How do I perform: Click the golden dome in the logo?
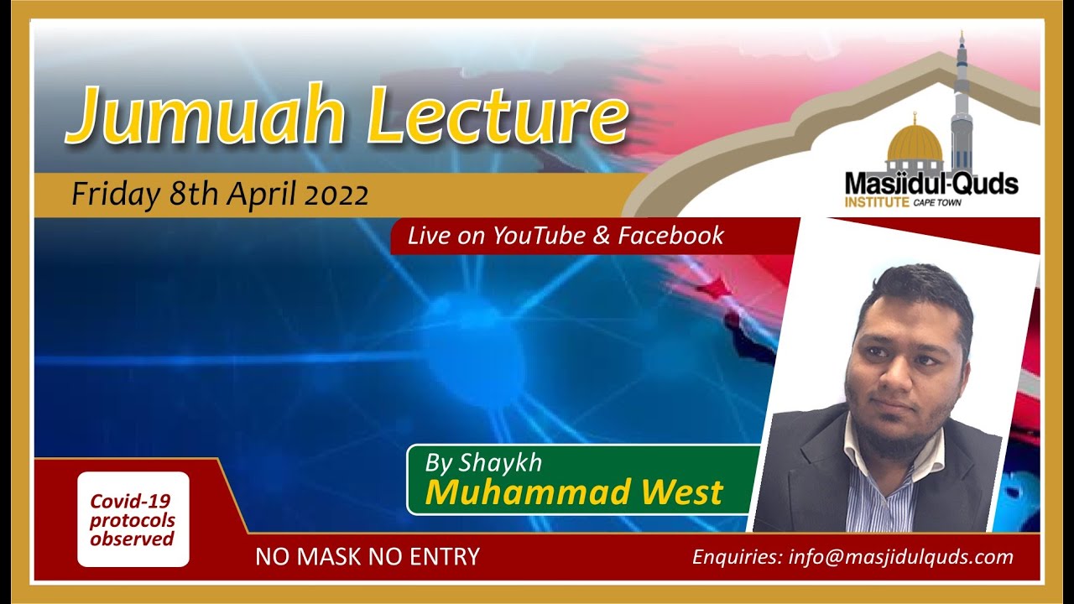(915, 144)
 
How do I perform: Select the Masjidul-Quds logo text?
(931, 184)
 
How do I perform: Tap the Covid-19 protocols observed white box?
(133, 520)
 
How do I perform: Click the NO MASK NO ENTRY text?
(368, 556)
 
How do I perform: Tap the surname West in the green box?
(681, 492)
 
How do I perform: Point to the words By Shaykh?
(483, 462)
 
